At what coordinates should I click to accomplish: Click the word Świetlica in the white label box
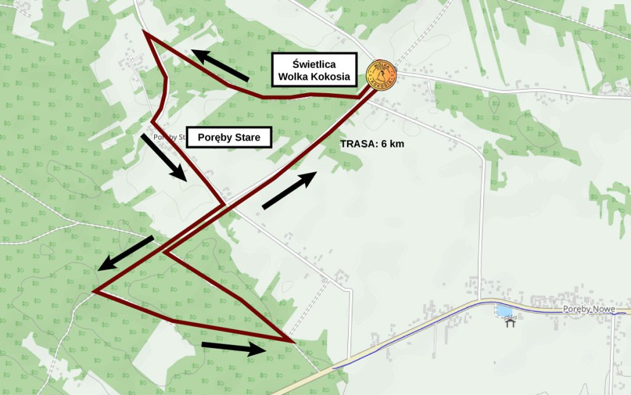pyautogui.click(x=314, y=63)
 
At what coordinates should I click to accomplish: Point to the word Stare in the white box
pyautogui.click(x=246, y=137)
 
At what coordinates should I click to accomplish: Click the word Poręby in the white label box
pyautogui.click(x=213, y=137)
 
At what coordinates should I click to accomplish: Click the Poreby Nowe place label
pyautogui.click(x=587, y=309)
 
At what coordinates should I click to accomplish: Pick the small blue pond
pyautogui.click(x=505, y=311)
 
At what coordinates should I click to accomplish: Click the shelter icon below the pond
pyautogui.click(x=510, y=322)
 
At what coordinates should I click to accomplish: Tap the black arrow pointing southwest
pyautogui.click(x=126, y=253)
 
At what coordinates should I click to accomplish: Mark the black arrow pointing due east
pyautogui.click(x=234, y=348)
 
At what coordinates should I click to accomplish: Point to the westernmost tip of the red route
pyautogui.click(x=94, y=291)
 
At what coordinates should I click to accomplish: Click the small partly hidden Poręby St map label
pyautogui.click(x=168, y=137)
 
